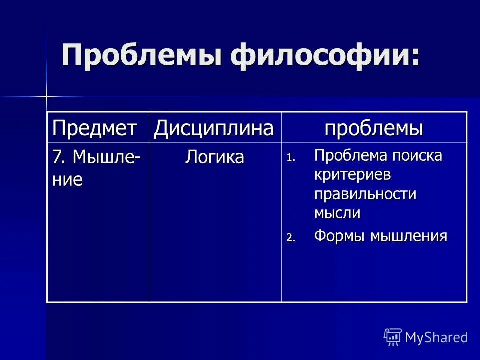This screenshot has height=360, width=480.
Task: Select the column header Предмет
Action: tap(95, 129)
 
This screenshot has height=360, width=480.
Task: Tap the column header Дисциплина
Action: tap(214, 129)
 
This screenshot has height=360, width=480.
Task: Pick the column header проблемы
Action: tap(374, 129)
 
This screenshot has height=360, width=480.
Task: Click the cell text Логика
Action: tap(215, 158)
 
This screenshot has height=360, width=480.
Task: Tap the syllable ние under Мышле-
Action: tap(67, 180)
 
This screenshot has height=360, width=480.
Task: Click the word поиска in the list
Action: tap(417, 156)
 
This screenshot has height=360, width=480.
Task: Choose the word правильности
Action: tap(365, 194)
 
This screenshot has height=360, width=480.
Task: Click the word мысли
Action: tap(337, 213)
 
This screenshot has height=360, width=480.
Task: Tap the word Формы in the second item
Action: tap(340, 236)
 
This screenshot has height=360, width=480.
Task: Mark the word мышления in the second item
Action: tap(408, 236)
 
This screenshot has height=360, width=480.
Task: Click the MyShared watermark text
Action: tap(436, 337)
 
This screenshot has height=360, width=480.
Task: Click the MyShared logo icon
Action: tap(392, 337)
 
